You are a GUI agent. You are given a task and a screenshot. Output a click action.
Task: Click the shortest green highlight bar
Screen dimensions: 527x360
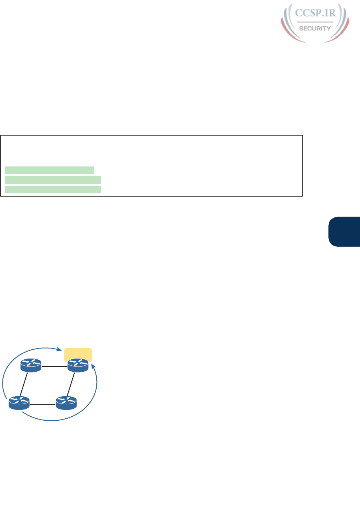pyautogui.click(x=49, y=170)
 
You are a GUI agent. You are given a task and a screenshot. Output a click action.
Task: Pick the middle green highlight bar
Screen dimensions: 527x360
pyautogui.click(x=53, y=179)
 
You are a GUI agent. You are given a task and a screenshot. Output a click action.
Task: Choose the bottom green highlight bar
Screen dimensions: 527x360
pyautogui.click(x=53, y=189)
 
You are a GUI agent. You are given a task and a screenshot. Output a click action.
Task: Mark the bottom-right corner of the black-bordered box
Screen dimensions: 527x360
pyautogui.click(x=301, y=196)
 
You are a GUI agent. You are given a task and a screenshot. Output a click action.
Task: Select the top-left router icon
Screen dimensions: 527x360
pyautogui.click(x=31, y=366)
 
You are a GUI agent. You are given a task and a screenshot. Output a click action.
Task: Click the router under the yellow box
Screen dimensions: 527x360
pyautogui.click(x=78, y=366)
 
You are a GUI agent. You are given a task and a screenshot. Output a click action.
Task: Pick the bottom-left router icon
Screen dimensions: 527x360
pyautogui.click(x=19, y=403)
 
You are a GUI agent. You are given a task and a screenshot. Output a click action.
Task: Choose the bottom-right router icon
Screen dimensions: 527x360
pyautogui.click(x=66, y=403)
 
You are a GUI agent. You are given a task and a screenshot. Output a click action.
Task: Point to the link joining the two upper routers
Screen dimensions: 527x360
pyautogui.click(x=55, y=366)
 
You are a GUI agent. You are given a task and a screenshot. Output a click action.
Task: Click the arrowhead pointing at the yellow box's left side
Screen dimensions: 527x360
pyautogui.click(x=61, y=349)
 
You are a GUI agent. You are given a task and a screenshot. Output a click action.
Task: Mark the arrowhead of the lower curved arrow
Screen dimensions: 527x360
pyautogui.click(x=94, y=366)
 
